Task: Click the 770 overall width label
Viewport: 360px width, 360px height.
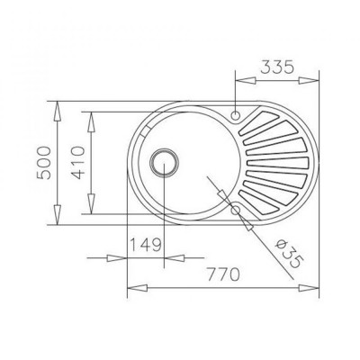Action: click(x=221, y=273)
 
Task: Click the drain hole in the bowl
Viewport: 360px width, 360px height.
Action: click(x=164, y=163)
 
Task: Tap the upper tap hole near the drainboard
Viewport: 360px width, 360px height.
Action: click(x=237, y=115)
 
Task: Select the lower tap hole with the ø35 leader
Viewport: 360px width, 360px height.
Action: click(x=236, y=210)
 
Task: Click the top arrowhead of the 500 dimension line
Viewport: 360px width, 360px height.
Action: click(x=57, y=106)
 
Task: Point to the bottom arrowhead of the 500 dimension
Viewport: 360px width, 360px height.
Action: click(x=57, y=220)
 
